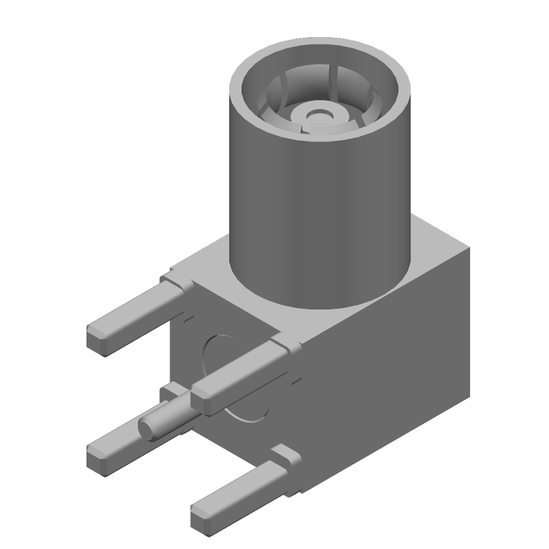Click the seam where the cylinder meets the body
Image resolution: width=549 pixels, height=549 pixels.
tap(323, 305)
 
